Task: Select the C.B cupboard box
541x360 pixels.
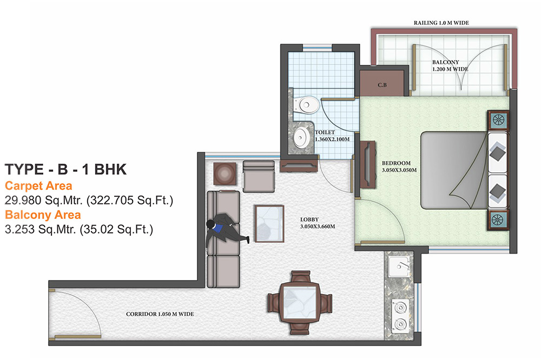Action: coord(382,85)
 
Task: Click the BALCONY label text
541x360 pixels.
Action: coord(446,63)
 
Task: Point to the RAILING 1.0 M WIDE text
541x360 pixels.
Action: coord(441,23)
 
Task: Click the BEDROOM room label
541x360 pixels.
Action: coord(396,163)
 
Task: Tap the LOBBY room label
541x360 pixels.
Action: coord(309,219)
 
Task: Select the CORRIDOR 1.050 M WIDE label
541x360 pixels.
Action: coord(160,314)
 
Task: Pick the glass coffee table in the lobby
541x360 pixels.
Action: coord(269,223)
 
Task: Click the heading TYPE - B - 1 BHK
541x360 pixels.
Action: coord(65,169)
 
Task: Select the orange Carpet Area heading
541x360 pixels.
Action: coord(38,186)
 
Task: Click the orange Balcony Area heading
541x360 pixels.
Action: coord(43,215)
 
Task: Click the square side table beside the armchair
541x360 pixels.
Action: coord(224,174)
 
